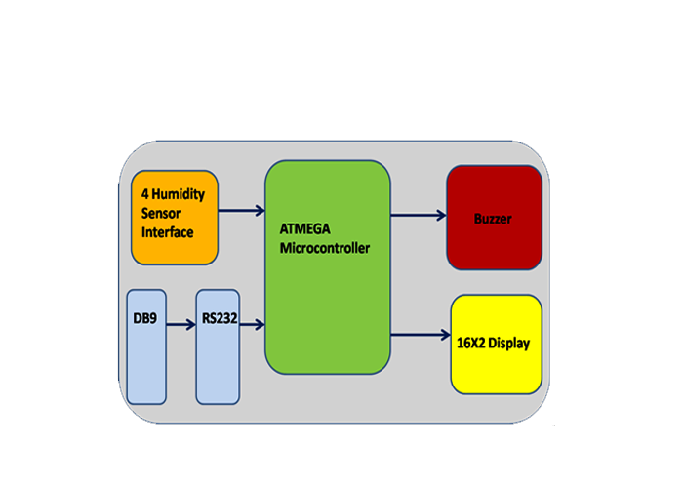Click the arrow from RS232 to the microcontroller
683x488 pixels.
(x=252, y=323)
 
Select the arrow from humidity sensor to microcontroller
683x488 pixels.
(x=241, y=210)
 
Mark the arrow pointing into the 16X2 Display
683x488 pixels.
(x=420, y=337)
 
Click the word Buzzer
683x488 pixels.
(x=493, y=219)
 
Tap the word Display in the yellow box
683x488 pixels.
(x=512, y=344)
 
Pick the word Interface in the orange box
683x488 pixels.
(x=167, y=232)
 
